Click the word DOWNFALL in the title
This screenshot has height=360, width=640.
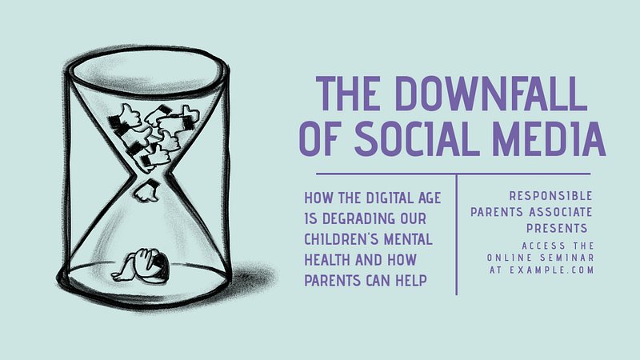tap(491, 94)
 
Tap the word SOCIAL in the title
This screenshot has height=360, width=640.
tap(417, 138)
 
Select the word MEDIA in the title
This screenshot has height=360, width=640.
tap(549, 138)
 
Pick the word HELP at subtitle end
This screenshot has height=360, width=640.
tap(411, 281)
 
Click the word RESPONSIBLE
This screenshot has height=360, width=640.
tap(550, 196)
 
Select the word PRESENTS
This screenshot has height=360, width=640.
tap(557, 228)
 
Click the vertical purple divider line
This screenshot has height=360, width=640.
tap(456, 234)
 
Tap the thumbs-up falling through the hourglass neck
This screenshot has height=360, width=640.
tap(147, 191)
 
